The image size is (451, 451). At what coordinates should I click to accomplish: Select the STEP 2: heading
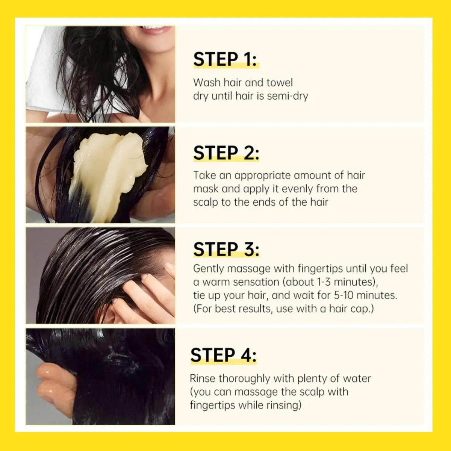point(226,153)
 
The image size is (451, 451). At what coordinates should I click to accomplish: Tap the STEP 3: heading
point(226,250)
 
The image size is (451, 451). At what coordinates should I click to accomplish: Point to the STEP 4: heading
point(223,355)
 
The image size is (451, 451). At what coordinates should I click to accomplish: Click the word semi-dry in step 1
point(287,96)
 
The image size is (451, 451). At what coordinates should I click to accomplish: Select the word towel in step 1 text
point(279,83)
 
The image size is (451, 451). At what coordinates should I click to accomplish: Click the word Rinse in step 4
point(203,378)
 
